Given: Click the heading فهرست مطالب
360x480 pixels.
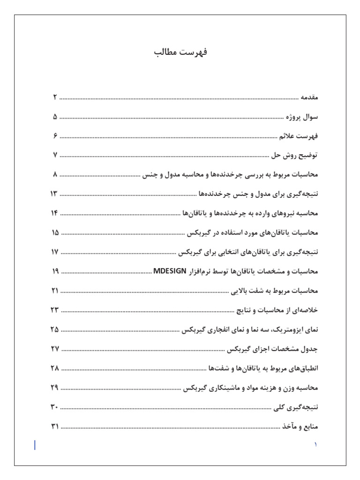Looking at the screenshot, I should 180,52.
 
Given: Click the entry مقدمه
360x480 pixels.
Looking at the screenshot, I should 309,97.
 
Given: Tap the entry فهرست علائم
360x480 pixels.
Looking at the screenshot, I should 299,136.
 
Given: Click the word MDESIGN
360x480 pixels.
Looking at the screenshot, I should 170,271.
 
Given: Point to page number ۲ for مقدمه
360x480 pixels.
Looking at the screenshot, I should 54,97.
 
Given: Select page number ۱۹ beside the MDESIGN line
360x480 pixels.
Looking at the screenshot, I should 54,271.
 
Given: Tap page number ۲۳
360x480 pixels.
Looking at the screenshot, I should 54,310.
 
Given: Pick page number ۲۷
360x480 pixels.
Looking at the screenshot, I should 54,349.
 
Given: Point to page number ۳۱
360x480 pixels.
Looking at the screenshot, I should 54,426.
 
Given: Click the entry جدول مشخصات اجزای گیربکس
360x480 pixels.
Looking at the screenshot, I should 272,349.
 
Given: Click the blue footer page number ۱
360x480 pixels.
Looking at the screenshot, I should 315,444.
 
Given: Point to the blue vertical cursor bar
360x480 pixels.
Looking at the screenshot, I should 35,445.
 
